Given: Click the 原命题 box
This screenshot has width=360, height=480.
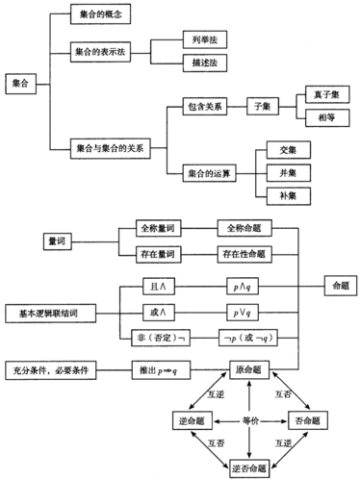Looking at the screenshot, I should click(249, 369).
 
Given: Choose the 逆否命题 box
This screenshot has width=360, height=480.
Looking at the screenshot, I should click(249, 467).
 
